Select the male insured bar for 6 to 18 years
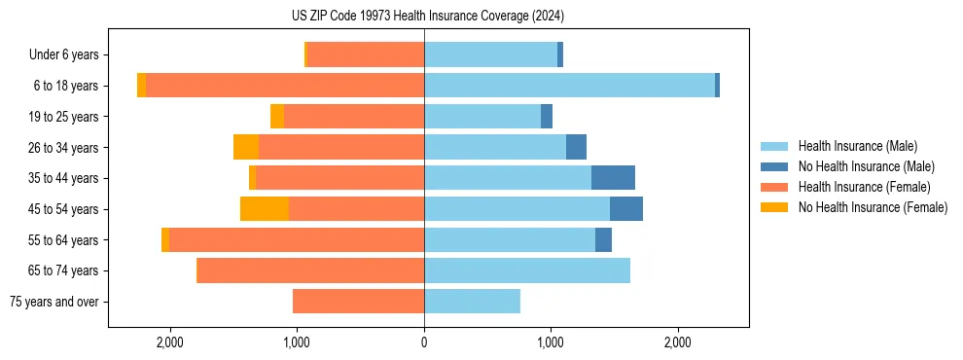click(569, 86)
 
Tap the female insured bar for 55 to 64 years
click(297, 239)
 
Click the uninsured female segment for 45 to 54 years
click(265, 208)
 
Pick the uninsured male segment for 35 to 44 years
click(613, 178)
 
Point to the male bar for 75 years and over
click(472, 302)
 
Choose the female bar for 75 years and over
click(358, 302)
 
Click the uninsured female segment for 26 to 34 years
click(246, 147)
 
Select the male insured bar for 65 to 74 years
click(526, 270)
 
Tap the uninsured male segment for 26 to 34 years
click(576, 147)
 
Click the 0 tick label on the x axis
click(424, 342)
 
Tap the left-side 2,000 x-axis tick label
click(170, 342)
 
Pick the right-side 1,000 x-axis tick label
click(551, 342)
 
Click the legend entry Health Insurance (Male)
click(857, 146)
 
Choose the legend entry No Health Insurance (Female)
click(872, 207)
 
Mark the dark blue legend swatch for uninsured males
click(774, 166)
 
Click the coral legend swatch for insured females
click(774, 187)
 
